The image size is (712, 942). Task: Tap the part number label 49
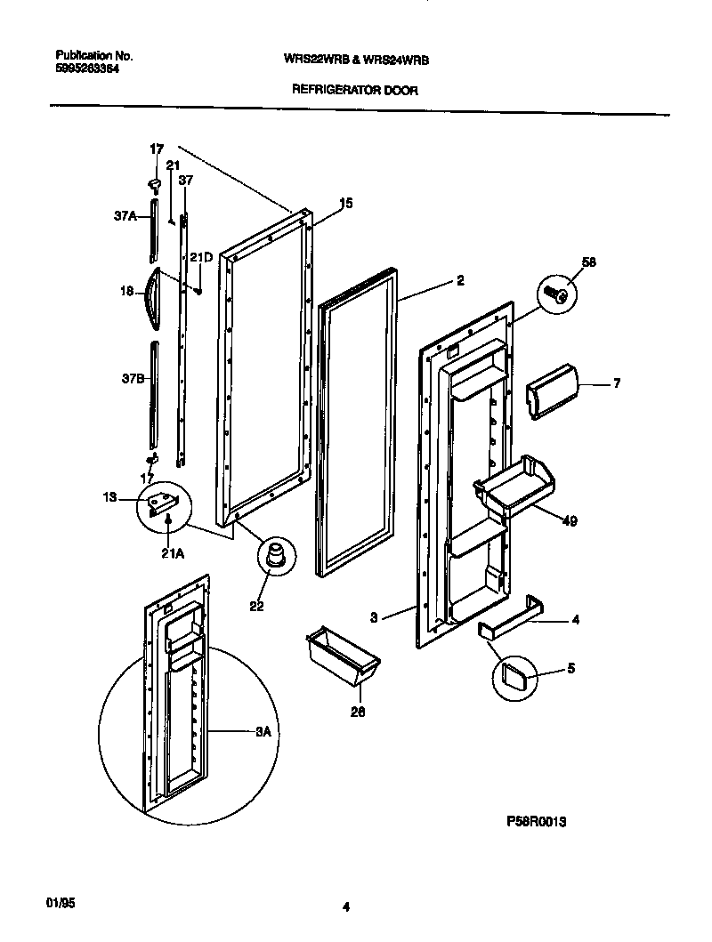(x=570, y=521)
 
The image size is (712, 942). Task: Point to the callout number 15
(x=346, y=204)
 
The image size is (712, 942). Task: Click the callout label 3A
(x=263, y=732)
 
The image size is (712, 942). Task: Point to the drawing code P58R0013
(x=530, y=823)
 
